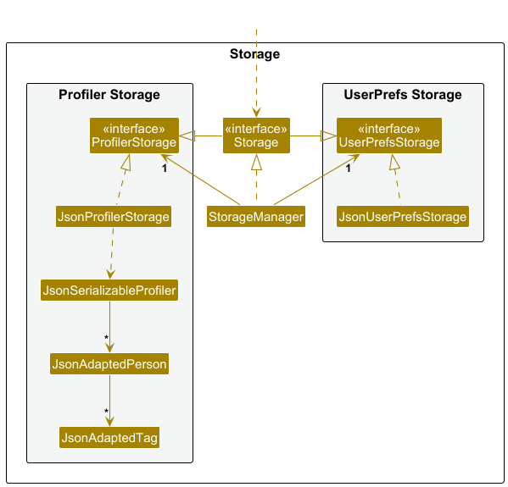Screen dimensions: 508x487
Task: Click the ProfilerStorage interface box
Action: point(134,136)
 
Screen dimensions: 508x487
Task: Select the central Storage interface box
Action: point(256,136)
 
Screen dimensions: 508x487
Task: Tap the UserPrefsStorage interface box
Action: point(389,136)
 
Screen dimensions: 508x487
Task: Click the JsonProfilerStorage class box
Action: point(114,217)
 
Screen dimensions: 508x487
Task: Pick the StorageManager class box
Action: point(256,217)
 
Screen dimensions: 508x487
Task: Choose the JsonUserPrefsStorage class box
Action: point(403,217)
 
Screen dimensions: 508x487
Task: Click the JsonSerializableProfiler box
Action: point(109,291)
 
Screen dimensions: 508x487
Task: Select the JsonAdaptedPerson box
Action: point(109,364)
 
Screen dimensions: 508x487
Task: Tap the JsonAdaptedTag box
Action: point(109,438)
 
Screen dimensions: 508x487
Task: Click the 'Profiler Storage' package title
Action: point(109,95)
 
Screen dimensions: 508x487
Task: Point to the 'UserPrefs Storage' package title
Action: point(403,95)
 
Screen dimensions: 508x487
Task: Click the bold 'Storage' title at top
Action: point(254,53)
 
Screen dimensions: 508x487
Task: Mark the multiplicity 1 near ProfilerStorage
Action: point(165,169)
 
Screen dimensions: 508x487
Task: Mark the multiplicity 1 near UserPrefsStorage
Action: point(349,169)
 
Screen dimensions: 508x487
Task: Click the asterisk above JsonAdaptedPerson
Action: point(106,338)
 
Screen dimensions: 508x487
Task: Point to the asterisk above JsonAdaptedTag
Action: point(106,412)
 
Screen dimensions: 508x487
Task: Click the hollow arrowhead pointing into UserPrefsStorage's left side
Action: point(328,136)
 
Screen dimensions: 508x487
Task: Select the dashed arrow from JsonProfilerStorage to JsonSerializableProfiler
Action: point(112,253)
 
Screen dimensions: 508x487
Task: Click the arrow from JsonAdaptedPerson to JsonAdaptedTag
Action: point(110,401)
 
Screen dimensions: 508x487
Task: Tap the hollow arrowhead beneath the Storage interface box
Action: point(257,162)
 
